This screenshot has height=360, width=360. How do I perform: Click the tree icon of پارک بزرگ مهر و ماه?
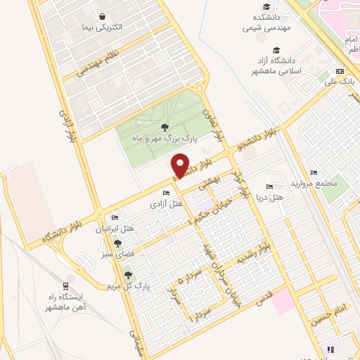(165, 127)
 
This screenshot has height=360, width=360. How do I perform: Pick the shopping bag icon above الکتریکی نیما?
(103, 16)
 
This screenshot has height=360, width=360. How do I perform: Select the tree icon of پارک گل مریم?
(128, 276)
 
